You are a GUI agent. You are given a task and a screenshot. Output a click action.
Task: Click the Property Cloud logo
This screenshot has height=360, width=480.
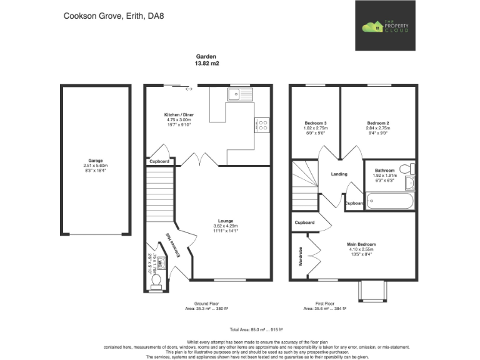point(386,26)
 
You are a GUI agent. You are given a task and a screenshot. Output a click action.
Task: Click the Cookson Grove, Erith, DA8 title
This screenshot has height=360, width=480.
point(107,16)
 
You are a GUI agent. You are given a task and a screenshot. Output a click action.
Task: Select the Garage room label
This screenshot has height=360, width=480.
point(96,164)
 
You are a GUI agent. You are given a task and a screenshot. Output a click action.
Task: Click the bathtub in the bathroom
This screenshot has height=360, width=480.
point(389,202)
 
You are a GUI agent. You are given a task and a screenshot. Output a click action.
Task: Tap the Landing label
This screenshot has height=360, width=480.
point(339,174)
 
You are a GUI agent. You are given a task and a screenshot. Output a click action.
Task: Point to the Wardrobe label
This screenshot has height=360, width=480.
point(300,256)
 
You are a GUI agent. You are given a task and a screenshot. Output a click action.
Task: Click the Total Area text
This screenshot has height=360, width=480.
point(239,329)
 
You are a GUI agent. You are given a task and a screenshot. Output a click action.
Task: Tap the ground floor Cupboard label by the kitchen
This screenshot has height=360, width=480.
point(159,162)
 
